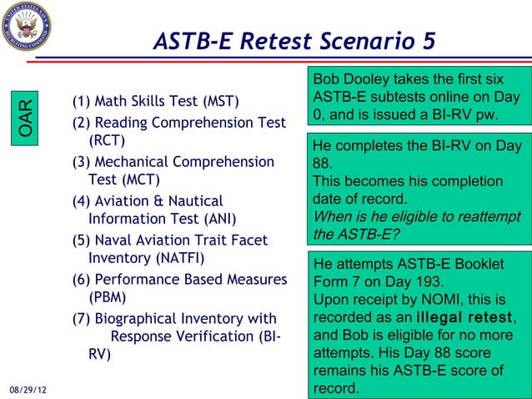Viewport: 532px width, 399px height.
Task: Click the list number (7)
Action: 82,318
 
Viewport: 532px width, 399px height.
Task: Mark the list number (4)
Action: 82,201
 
